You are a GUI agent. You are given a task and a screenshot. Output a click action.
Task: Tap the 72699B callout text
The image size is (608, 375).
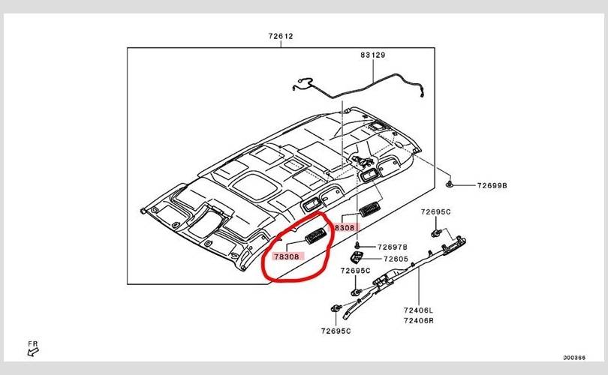[x=491, y=184]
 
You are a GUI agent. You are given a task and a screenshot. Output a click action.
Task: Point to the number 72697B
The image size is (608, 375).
[x=392, y=247]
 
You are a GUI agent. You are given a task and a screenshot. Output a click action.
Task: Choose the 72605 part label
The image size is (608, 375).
[x=396, y=259]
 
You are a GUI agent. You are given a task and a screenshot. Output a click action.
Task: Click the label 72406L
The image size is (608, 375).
[x=419, y=310]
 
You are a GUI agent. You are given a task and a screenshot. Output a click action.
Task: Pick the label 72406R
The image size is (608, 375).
[x=419, y=320]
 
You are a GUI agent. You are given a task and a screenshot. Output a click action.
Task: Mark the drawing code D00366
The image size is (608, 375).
[x=574, y=358]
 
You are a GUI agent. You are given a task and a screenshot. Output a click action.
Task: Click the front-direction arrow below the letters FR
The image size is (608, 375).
[x=32, y=351]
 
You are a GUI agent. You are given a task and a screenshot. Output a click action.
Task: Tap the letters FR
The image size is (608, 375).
[x=32, y=342]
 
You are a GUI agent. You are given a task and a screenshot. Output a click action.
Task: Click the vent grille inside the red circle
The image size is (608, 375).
[x=316, y=235]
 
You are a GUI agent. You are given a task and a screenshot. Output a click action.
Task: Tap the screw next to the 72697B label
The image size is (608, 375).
[x=359, y=246]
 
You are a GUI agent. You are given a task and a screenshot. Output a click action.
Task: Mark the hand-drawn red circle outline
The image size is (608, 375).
[x=264, y=266]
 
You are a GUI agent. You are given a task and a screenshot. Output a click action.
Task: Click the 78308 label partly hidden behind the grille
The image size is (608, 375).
[x=345, y=226]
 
